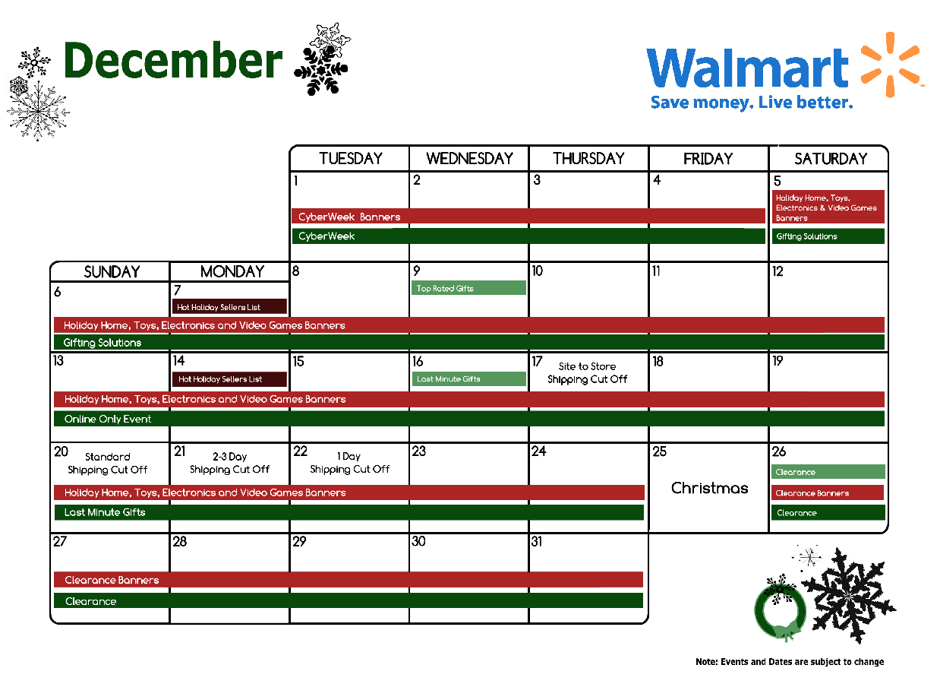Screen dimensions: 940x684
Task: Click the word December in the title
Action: pos(173,60)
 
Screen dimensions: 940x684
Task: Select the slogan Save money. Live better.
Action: pos(752,102)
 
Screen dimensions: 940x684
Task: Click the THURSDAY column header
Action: pos(588,158)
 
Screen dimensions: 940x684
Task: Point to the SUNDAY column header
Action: pos(112,272)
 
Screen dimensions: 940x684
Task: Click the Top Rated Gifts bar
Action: pos(468,288)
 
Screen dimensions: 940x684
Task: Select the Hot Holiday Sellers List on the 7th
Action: pos(229,307)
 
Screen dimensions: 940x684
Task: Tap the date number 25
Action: pos(659,451)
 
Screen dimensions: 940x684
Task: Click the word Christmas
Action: pos(710,488)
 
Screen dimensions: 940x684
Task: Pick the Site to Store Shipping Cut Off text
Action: pos(587,372)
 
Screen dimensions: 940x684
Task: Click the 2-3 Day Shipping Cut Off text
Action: pos(229,463)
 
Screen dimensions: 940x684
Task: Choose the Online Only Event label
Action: pos(108,419)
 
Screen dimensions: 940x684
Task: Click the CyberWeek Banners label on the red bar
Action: pos(349,217)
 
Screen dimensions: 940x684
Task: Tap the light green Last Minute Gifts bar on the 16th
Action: pos(468,378)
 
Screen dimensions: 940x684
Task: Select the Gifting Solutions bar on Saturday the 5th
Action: pos(828,236)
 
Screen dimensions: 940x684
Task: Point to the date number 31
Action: pos(536,542)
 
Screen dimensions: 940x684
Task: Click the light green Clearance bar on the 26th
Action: pos(828,472)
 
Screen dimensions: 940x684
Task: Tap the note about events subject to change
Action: pos(790,662)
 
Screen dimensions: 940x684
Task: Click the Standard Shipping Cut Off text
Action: pos(107,463)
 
